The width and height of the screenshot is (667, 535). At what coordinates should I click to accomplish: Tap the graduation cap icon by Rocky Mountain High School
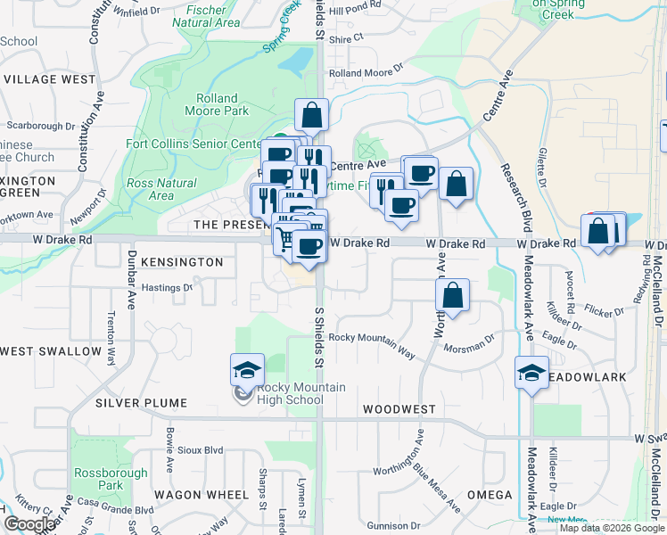pos(247,370)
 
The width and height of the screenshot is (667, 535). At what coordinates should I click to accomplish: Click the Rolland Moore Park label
pos(217,105)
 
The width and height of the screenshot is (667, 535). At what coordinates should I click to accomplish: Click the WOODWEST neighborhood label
pos(399,409)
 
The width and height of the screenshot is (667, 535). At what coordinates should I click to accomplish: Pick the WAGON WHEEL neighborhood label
pos(201,494)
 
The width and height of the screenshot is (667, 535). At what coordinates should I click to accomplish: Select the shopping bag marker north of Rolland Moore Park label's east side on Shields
pos(311,115)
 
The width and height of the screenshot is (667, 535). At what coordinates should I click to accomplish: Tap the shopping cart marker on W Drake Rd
pos(285,238)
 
